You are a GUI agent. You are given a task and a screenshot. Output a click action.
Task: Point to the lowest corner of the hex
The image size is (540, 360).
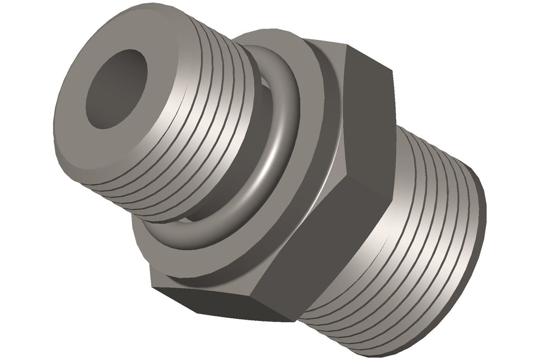(x=290, y=321)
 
